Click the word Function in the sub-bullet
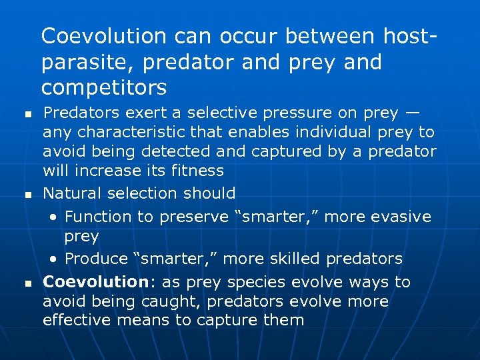click(x=95, y=217)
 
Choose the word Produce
click(x=94, y=259)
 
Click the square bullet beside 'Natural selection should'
click(x=26, y=195)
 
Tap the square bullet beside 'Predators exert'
click(x=26, y=114)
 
